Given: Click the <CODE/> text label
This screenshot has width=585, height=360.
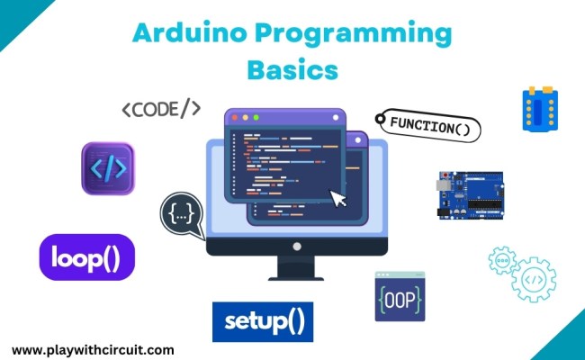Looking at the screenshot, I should [x=161, y=110].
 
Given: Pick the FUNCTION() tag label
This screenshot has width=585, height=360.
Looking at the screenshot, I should [x=428, y=126].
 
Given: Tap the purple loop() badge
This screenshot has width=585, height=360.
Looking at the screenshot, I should [x=87, y=257].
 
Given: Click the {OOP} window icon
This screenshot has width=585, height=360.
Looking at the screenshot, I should [x=400, y=297].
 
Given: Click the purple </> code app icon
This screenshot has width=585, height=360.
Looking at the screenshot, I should [x=107, y=168].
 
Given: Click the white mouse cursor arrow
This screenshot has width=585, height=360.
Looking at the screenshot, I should [x=338, y=197].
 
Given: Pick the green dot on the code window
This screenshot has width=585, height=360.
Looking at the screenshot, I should [x=256, y=117].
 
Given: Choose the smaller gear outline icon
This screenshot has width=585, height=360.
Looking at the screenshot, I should [x=501, y=261].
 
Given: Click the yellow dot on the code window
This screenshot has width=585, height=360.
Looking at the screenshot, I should [x=244, y=117].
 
